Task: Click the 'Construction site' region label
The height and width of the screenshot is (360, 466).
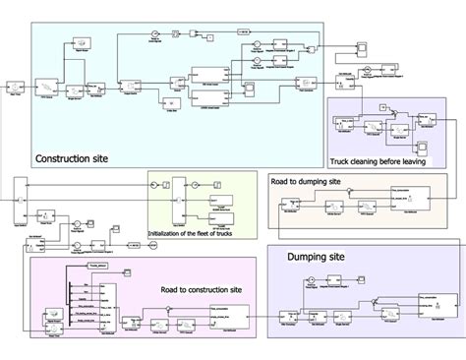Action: pyautogui.click(x=72, y=158)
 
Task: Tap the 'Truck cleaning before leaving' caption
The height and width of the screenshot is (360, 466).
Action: pyautogui.click(x=379, y=161)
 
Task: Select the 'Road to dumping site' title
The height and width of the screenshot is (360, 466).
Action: pyautogui.click(x=306, y=182)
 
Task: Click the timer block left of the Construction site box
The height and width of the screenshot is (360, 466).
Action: pyautogui.click(x=14, y=86)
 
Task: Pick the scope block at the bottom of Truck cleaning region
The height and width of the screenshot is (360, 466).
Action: pyautogui.click(x=421, y=147)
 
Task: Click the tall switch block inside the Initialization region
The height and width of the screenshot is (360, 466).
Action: pyautogui.click(x=175, y=203)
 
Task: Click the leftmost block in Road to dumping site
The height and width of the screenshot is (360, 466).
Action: pyautogui.click(x=292, y=210)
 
